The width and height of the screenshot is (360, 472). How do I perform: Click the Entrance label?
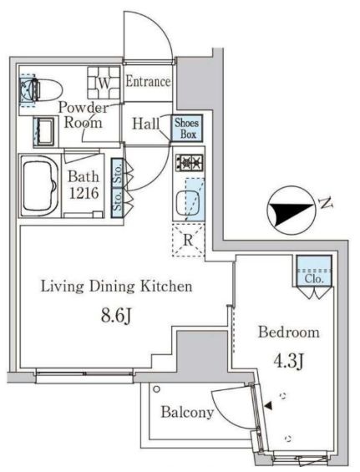[x=149, y=82]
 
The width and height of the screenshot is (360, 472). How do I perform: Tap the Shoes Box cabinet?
[x=186, y=128]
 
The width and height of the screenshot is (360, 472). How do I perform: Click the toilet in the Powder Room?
[x=42, y=89]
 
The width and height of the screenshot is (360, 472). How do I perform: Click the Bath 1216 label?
[x=84, y=185]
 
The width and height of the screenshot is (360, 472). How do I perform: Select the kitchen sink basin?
[x=187, y=201]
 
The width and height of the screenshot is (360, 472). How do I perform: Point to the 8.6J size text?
[x=117, y=317]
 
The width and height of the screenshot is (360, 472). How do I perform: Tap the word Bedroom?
[x=288, y=332]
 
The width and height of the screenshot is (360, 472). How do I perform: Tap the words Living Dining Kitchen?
[x=118, y=287]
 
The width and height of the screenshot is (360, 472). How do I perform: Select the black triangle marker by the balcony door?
[x=268, y=406]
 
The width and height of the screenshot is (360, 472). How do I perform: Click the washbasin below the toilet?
[x=43, y=129]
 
